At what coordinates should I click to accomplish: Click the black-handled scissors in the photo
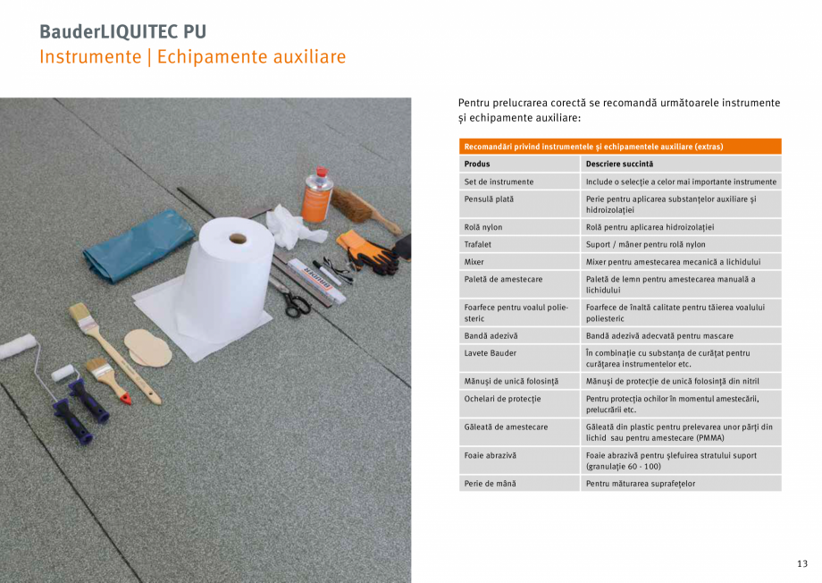[296, 302]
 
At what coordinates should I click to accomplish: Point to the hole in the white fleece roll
[238, 239]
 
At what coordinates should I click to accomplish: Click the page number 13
[801, 563]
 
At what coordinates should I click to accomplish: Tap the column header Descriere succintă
[619, 164]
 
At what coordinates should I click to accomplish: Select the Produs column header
[477, 164]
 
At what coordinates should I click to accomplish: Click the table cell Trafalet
[480, 244]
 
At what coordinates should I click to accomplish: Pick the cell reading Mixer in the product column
[474, 262]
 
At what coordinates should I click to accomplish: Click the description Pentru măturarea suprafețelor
[640, 484]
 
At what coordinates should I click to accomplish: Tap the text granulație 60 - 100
[624, 467]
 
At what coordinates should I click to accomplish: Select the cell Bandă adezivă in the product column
[491, 336]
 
